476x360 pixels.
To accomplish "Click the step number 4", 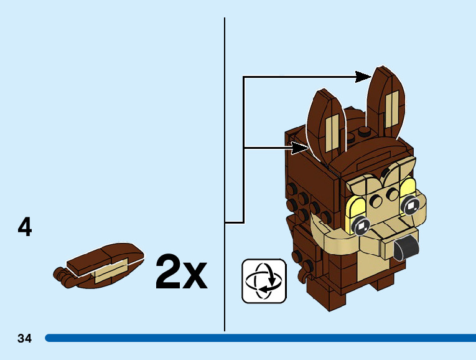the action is [25, 227].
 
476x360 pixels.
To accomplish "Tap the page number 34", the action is [24, 338].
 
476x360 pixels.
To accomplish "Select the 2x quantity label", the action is [180, 272].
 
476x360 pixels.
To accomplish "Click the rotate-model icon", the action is [263, 281].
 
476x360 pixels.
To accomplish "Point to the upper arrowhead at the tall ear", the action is [363, 77].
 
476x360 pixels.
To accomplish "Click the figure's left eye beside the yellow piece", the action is [361, 225].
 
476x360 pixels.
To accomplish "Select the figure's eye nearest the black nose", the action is [411, 206].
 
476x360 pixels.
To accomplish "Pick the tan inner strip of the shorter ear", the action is [332, 133].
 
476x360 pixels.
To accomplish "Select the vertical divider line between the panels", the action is [225, 174].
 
